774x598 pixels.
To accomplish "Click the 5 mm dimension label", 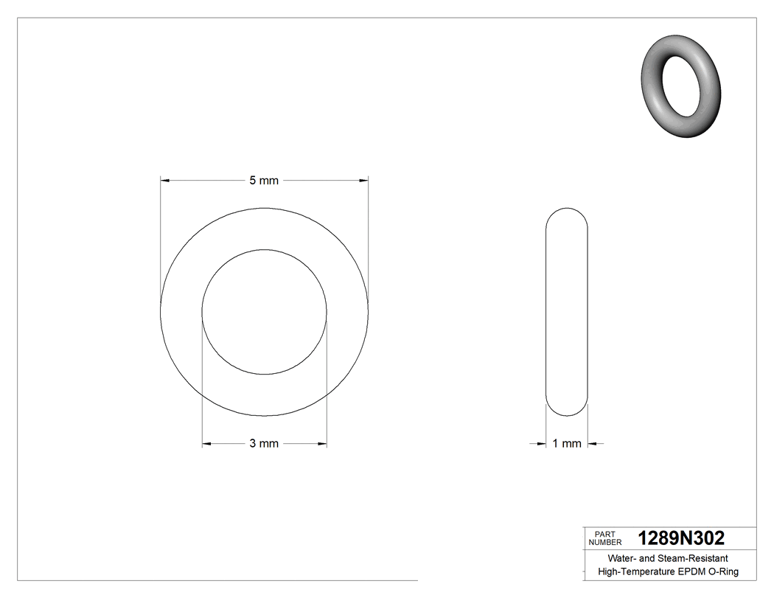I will pyautogui.click(x=264, y=180).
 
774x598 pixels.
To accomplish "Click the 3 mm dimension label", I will pyautogui.click(x=264, y=443).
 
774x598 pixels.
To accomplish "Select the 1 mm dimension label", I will pyautogui.click(x=567, y=443).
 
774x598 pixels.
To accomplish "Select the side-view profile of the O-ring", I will pyautogui.click(x=567, y=311).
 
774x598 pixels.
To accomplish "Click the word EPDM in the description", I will pyautogui.click(x=690, y=571).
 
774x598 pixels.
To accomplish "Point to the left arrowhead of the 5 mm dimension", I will pyautogui.click(x=166, y=180).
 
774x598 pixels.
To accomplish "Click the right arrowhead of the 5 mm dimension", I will pyautogui.click(x=363, y=180).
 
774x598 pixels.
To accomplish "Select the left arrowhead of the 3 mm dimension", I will pyautogui.click(x=207, y=443).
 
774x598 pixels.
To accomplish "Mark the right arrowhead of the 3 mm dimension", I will pyautogui.click(x=322, y=443).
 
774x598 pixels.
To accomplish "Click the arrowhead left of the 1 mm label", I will pyautogui.click(x=541, y=443).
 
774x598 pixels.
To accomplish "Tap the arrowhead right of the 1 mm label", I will pyautogui.click(x=593, y=443).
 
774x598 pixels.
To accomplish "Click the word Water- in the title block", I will pyautogui.click(x=622, y=558).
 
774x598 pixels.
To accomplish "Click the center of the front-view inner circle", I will pyautogui.click(x=264, y=311).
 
